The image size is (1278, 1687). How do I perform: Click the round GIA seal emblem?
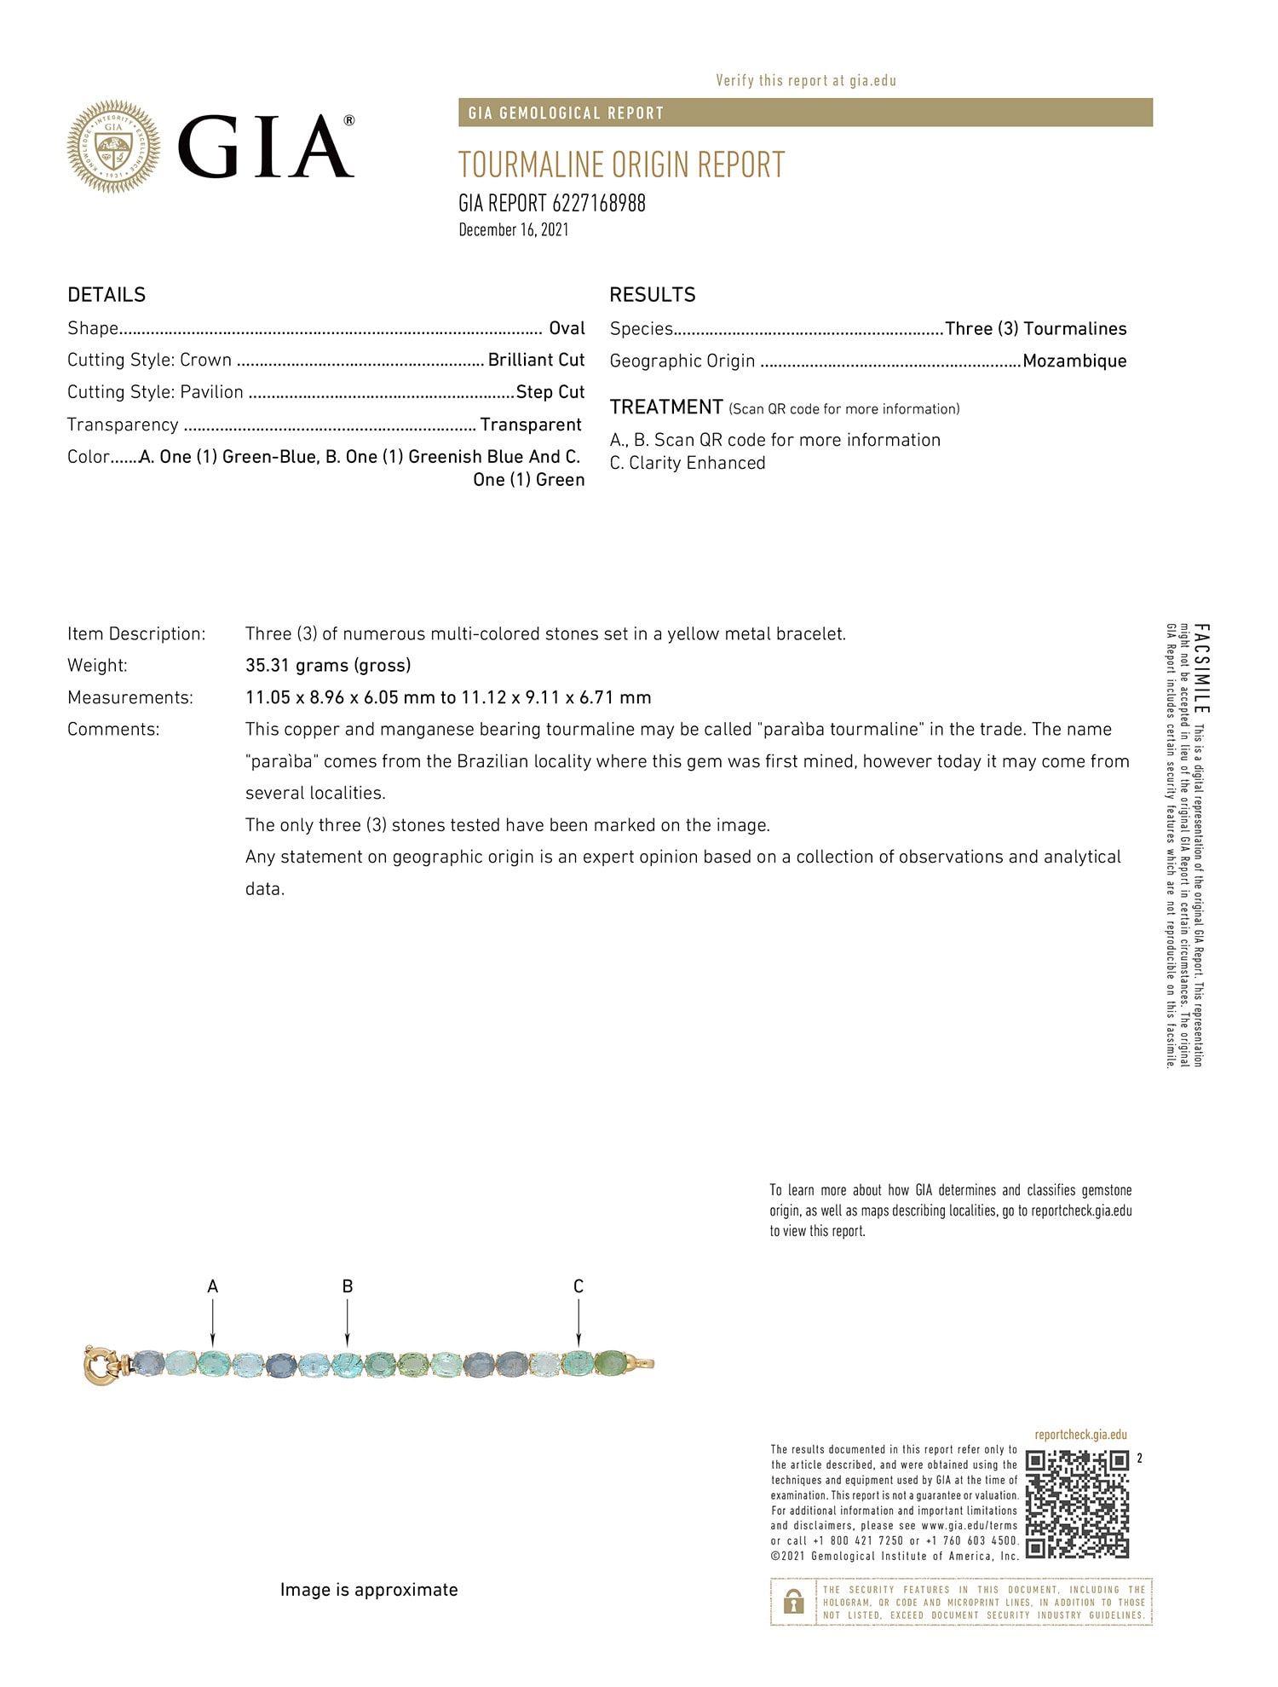coord(113,146)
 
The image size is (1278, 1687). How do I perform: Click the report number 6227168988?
coord(598,203)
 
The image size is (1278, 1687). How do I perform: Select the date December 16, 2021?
coord(513,229)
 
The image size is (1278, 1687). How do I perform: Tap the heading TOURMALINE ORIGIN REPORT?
coord(621,165)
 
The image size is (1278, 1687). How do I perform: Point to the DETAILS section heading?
coord(106,295)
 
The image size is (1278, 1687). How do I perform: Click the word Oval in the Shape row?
coord(567,328)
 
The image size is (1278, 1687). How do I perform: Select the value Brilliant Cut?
coord(536,360)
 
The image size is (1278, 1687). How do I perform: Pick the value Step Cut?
coord(550,392)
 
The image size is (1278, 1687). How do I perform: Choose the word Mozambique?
coord(1074,361)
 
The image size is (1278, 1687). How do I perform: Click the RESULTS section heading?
coord(652,295)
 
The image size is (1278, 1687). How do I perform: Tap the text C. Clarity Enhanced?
coord(688,463)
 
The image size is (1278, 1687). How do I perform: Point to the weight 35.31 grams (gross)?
coord(328,665)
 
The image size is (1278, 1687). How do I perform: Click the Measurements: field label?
coord(130,697)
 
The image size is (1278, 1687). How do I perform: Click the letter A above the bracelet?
coord(213,1286)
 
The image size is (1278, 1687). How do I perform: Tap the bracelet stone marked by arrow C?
coord(579,1362)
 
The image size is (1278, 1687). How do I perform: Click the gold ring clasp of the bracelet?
coord(101,1365)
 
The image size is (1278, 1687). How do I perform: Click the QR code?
coord(1077,1504)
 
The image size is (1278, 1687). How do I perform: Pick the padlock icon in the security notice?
coord(793,1602)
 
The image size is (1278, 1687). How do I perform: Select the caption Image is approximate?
coord(369,1590)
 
